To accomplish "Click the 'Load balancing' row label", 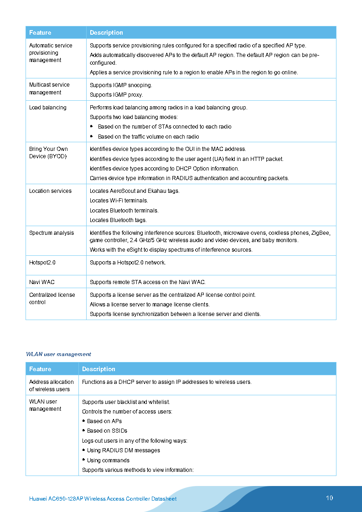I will [x=48, y=108].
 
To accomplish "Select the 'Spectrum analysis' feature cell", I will [x=52, y=233].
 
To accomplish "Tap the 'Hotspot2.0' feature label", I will [x=42, y=263].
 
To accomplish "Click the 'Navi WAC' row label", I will [x=42, y=282].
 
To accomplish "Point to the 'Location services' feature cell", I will [x=50, y=191].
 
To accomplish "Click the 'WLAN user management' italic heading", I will [x=58, y=354].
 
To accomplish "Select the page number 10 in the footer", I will [x=329, y=498].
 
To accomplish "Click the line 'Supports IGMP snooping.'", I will [x=121, y=85].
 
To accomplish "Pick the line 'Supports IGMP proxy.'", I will [x=116, y=95].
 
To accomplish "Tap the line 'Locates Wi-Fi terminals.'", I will [x=119, y=201].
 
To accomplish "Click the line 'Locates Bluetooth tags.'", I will [x=118, y=220].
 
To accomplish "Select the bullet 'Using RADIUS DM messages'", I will [x=124, y=450].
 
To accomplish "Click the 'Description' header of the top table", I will [x=106, y=33].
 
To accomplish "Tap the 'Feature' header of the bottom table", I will [x=40, y=369].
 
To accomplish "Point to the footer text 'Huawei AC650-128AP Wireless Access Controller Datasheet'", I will [x=103, y=499].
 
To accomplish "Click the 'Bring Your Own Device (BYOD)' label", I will [x=48, y=153].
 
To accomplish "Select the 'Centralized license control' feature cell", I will [x=52, y=299].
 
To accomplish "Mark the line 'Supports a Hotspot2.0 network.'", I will [x=128, y=263].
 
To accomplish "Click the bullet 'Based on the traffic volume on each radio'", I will [x=148, y=137].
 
